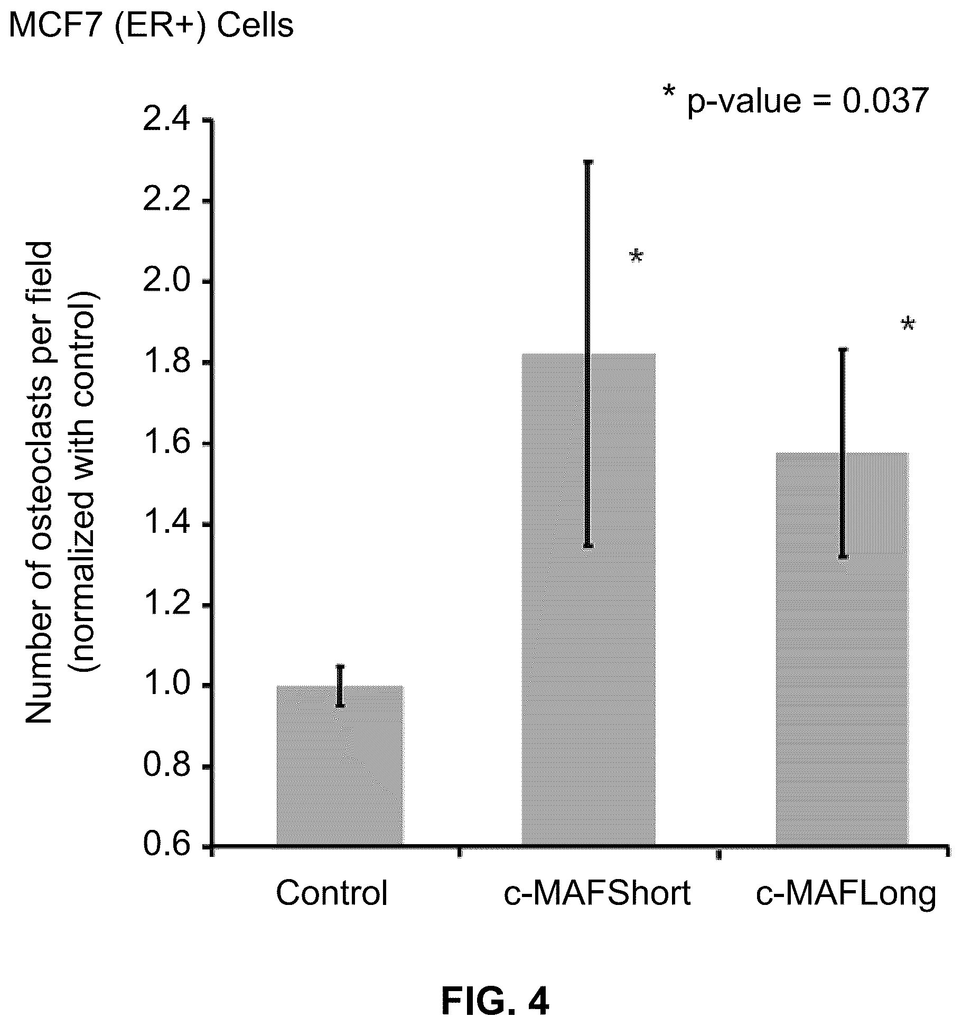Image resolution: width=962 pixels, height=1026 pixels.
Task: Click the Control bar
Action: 340,766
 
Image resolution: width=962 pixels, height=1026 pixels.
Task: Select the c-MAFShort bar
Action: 589,600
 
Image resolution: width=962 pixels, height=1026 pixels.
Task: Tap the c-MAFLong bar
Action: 842,650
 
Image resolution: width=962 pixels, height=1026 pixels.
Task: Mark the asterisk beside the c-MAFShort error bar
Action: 637,257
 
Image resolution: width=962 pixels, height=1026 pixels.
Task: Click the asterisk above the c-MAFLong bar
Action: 908,324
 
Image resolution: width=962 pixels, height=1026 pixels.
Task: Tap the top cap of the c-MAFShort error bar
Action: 589,162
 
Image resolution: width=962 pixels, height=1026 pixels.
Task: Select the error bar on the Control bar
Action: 340,686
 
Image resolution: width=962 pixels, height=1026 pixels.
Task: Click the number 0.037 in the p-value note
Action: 885,100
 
